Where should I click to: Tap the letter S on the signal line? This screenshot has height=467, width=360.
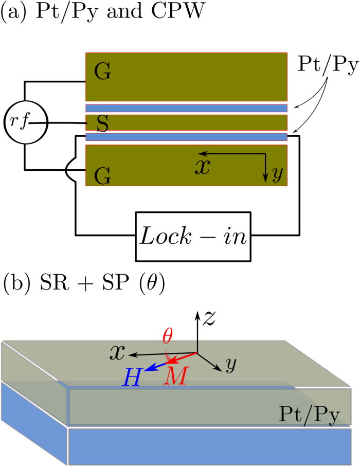click(x=102, y=124)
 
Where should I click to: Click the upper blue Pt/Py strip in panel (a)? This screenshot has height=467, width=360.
click(x=186, y=108)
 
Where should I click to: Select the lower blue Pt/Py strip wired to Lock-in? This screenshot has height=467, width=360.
click(x=186, y=137)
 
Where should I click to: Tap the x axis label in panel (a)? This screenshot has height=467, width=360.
click(x=205, y=167)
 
